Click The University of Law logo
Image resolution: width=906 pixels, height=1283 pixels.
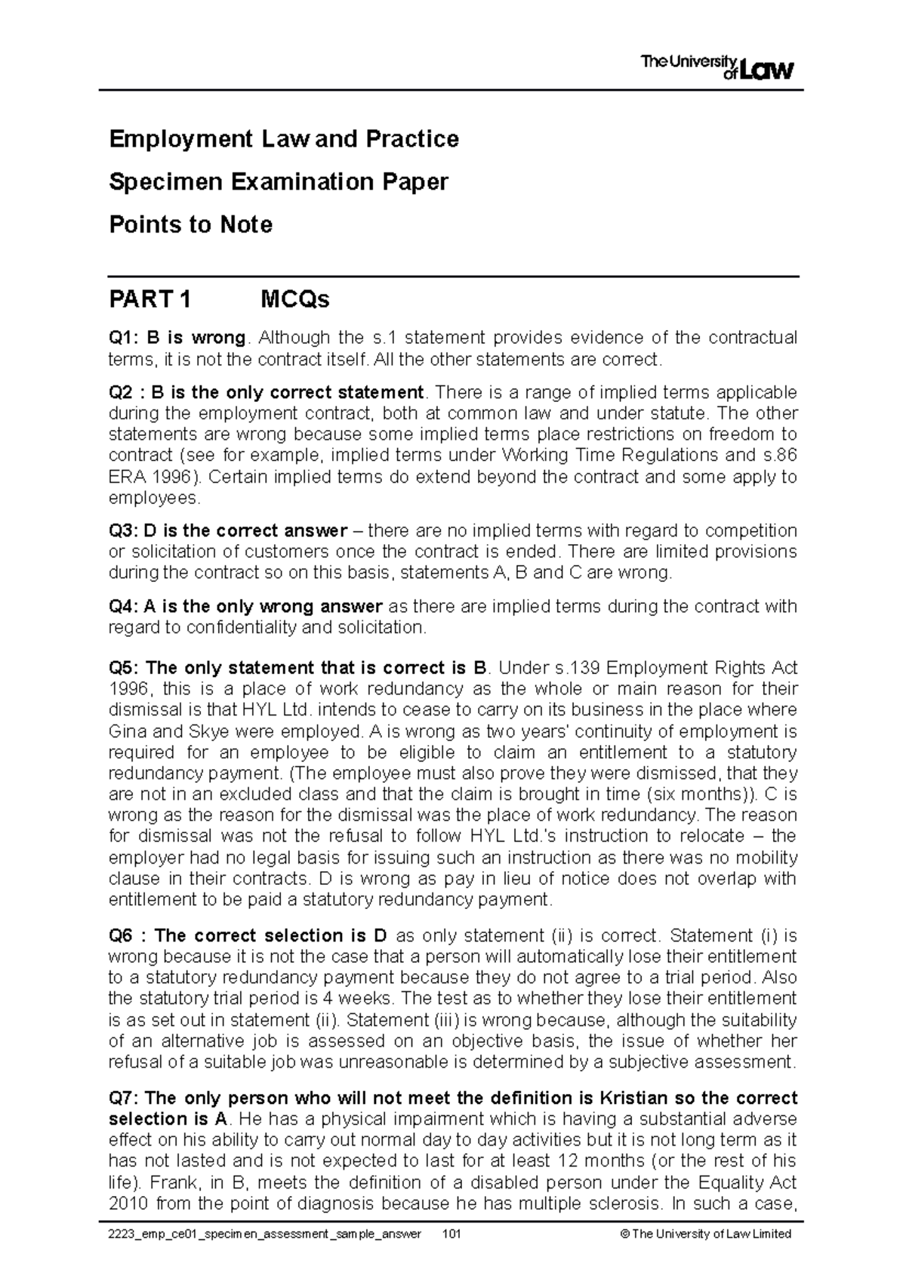pos(716,67)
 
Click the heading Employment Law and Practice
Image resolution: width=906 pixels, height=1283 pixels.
pos(283,139)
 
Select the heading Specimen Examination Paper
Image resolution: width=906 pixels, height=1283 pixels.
pos(278,182)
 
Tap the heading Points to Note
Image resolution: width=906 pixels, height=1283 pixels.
pos(190,225)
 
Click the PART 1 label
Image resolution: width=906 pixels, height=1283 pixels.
pos(149,300)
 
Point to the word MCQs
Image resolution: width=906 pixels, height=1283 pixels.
pos(294,300)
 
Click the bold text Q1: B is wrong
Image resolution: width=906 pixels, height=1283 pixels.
pos(177,337)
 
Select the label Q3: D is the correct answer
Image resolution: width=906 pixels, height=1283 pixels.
pos(228,530)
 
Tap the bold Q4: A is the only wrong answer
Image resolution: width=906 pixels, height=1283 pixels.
pos(246,606)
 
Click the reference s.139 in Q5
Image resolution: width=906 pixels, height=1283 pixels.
pos(578,668)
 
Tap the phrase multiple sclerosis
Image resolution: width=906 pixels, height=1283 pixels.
pos(661,1204)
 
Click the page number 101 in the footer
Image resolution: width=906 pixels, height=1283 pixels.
pos(452,1234)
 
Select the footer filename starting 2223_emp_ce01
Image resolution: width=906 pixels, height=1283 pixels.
pos(265,1234)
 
